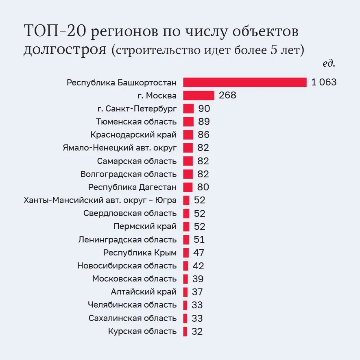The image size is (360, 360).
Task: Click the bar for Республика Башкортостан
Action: point(244,82)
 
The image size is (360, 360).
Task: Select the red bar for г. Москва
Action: point(199,96)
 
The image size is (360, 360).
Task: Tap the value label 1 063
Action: point(324,82)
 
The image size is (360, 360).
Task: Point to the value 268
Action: point(227,96)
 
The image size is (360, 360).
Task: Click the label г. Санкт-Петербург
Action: point(137,109)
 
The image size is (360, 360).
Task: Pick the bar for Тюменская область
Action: point(188,122)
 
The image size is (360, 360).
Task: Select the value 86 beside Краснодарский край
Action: point(203,135)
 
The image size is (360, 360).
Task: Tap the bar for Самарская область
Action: point(188,161)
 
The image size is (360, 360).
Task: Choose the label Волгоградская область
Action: point(129,174)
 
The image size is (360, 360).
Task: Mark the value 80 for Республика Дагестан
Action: point(203,187)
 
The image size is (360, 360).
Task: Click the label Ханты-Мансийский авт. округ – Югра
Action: point(100,200)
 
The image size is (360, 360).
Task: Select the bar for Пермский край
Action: point(186,227)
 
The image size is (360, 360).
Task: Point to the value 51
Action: point(199,240)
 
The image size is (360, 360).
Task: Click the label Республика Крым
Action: point(140,253)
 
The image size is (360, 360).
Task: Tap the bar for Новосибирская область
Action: point(185,266)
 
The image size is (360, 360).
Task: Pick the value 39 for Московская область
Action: point(198,279)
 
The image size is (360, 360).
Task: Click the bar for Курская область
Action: point(185,331)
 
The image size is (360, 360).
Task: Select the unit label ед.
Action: point(329,63)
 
